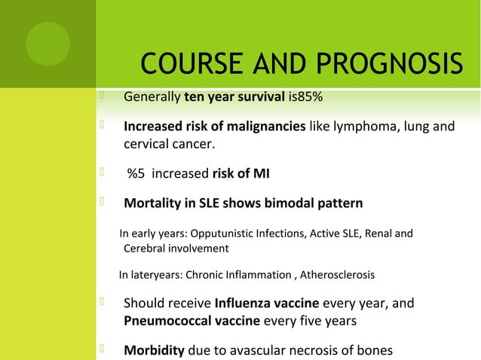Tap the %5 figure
137,175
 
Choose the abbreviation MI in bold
260,175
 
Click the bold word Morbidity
154,351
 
